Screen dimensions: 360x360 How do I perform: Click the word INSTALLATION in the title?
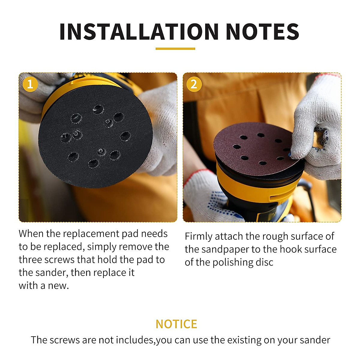point(139,31)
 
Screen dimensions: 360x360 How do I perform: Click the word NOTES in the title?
point(262,31)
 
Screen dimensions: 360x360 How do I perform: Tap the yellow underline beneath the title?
point(175,49)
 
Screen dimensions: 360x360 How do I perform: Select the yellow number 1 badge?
point(30,84)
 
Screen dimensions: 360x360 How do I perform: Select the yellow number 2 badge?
point(194,84)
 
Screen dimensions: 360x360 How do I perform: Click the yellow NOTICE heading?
point(176,324)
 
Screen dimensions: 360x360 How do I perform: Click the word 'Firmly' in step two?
point(198,236)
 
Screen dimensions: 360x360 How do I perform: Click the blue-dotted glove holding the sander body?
point(207,198)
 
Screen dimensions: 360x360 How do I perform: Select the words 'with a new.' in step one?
point(44,285)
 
